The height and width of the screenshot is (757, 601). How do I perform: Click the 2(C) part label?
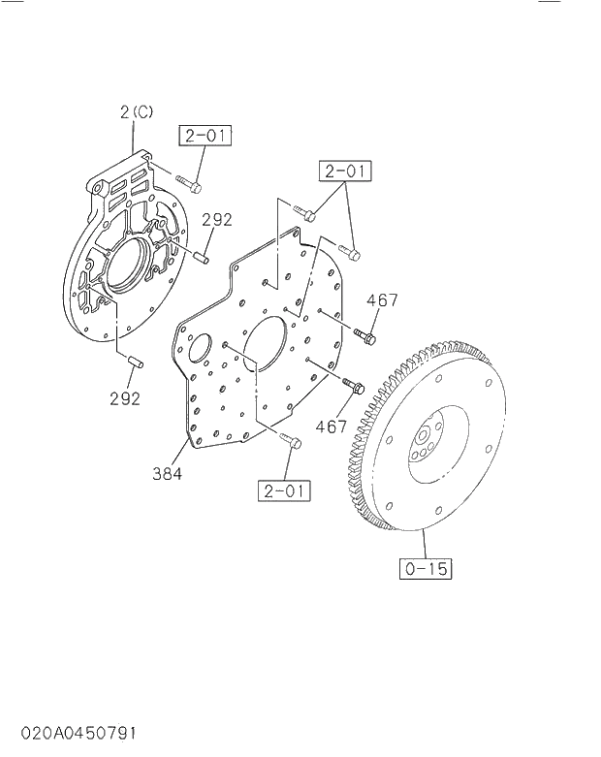pos(137,112)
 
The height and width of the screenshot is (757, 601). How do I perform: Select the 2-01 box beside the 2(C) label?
pos(205,136)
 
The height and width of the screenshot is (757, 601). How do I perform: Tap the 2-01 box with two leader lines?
pos(344,173)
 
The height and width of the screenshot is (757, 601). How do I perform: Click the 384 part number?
pos(167,475)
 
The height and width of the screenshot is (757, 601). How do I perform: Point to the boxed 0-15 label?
pos(426,568)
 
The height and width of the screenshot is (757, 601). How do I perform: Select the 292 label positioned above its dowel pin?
pos(217,220)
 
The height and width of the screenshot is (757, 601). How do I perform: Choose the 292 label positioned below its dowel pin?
pos(125,397)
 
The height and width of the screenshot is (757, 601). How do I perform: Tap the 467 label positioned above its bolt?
pos(382,300)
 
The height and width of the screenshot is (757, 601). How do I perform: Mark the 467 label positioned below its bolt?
pos(332,425)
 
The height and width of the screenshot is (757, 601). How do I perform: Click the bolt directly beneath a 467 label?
pos(366,335)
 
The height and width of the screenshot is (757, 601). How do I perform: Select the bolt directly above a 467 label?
pos(353,388)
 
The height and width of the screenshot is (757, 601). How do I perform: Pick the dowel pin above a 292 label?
pos(135,363)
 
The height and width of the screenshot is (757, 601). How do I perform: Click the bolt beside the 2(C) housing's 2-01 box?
pos(193,183)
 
